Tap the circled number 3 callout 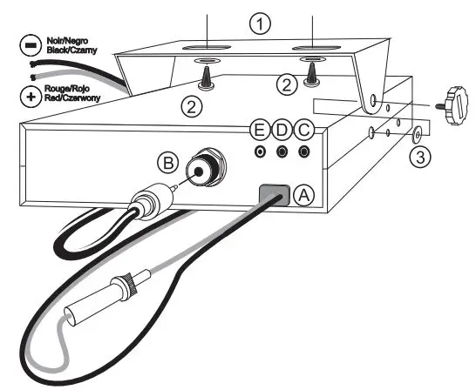coord(419,157)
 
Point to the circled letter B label coord(168,161)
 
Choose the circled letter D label coord(281,130)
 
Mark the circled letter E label coord(258,130)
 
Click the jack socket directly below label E coord(260,151)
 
